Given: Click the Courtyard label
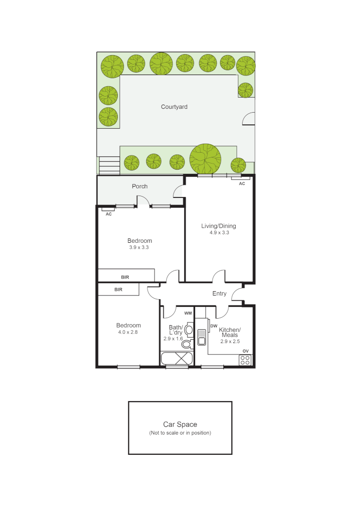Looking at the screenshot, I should pyautogui.click(x=174, y=107).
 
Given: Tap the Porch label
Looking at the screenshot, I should pyautogui.click(x=139, y=186).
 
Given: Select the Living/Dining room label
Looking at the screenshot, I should pyautogui.click(x=219, y=226).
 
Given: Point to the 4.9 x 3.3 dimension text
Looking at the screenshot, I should pyautogui.click(x=219, y=232).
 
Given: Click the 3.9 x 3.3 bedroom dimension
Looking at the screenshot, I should pyautogui.click(x=139, y=247).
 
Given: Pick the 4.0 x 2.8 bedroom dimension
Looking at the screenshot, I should pyautogui.click(x=128, y=332).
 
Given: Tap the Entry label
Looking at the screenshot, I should pyautogui.click(x=219, y=294).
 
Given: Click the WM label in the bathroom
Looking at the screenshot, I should pyautogui.click(x=188, y=313).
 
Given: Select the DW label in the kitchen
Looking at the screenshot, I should pyautogui.click(x=213, y=326).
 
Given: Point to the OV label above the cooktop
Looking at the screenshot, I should pyautogui.click(x=245, y=351).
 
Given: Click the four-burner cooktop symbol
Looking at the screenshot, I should pyautogui.click(x=245, y=360).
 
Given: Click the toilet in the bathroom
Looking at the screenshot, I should pyautogui.click(x=187, y=344).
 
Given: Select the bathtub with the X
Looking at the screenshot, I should pyautogui.click(x=177, y=358).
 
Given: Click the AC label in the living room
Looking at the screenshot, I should pyautogui.click(x=242, y=183).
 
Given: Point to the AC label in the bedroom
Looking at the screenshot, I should pyautogui.click(x=108, y=214).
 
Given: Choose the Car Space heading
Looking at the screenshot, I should pyautogui.click(x=180, y=425).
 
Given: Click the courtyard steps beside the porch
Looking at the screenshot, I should pyautogui.click(x=109, y=165).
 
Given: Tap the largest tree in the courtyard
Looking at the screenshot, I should pyautogui.click(x=205, y=158).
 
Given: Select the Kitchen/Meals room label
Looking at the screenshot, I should pyautogui.click(x=230, y=332).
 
